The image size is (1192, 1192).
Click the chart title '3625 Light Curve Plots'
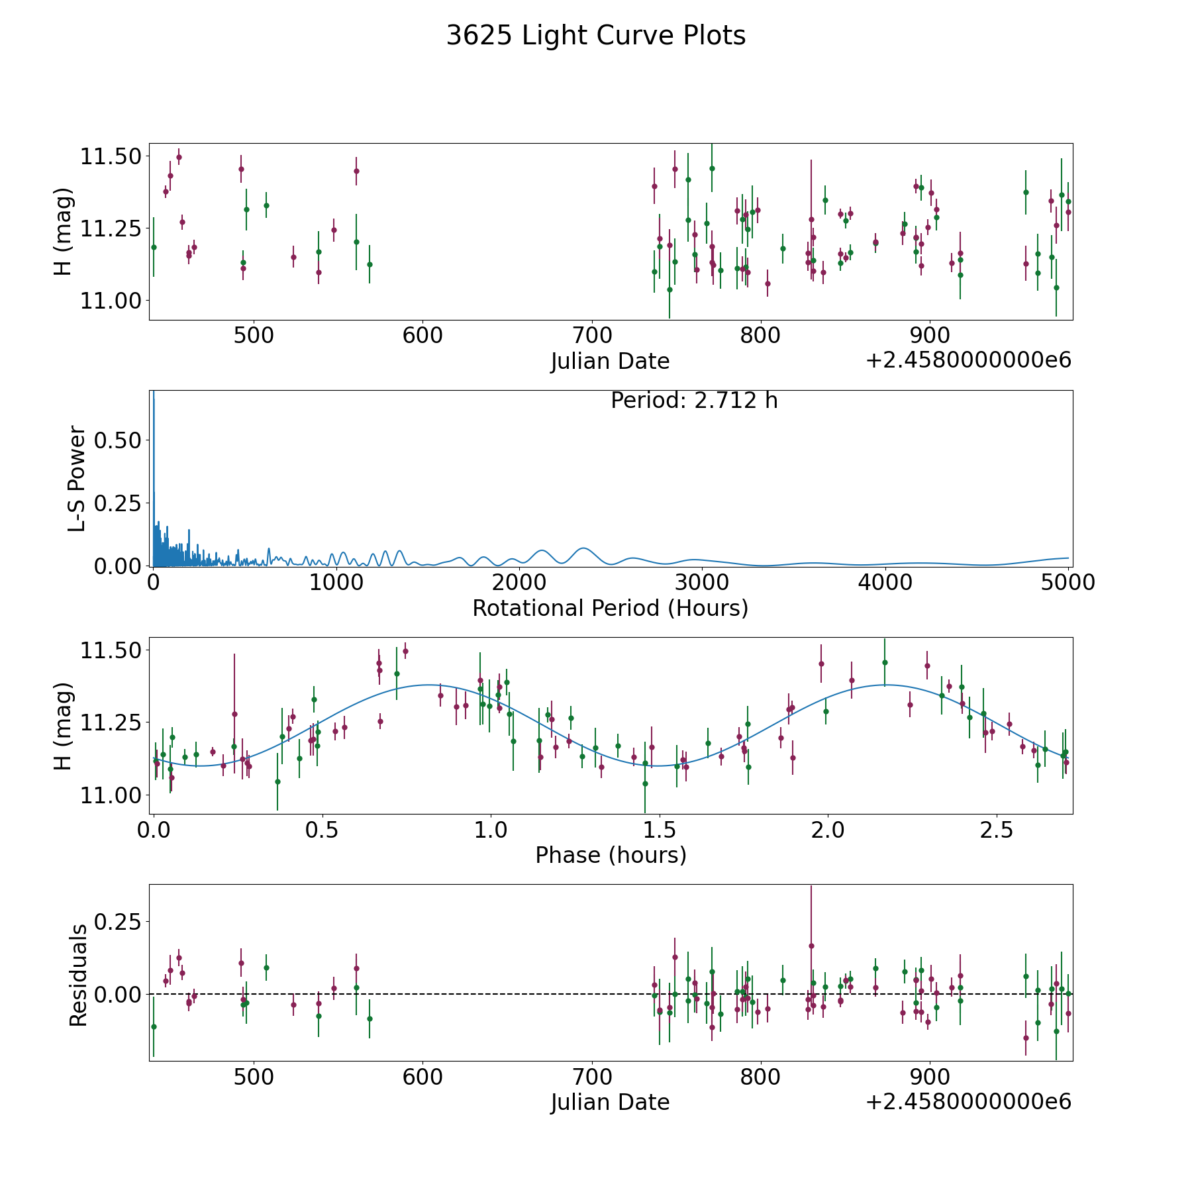pyautogui.click(x=595, y=36)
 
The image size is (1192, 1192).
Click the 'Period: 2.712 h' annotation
pyautogui.click(x=693, y=401)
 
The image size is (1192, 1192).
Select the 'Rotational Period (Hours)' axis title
pyautogui.click(x=610, y=608)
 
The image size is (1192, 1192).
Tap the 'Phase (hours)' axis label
pyautogui.click(x=610, y=855)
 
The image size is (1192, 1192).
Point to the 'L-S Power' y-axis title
pyautogui.click(x=77, y=478)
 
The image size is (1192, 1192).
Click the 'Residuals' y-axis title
pyautogui.click(x=78, y=975)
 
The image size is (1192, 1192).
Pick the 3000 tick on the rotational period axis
pyautogui.click(x=701, y=583)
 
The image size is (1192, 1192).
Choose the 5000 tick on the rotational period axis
pyautogui.click(x=1068, y=583)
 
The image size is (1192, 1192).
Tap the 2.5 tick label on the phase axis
pyautogui.click(x=996, y=830)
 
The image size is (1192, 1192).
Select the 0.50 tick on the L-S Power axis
pyautogui.click(x=118, y=440)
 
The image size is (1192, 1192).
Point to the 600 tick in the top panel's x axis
pyautogui.click(x=422, y=336)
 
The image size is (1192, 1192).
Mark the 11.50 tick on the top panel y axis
pyautogui.click(x=110, y=157)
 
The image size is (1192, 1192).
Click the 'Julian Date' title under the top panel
pyautogui.click(x=610, y=362)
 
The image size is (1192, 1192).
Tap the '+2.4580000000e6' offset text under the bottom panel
pyautogui.click(x=968, y=1102)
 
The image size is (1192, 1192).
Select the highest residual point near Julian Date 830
pyautogui.click(x=811, y=946)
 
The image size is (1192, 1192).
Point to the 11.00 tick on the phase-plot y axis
pyautogui.click(x=110, y=795)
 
